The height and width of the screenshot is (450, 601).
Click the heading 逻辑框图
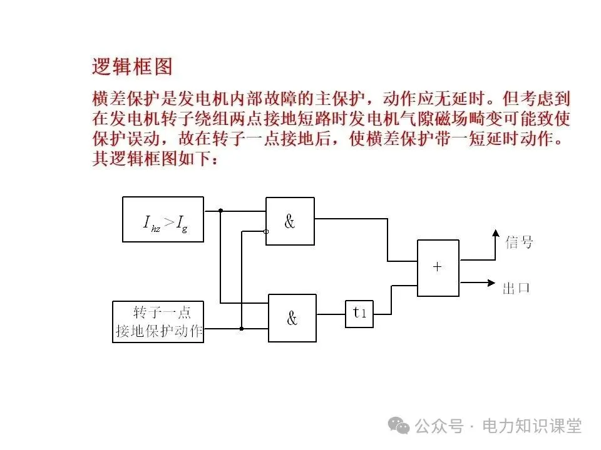click(x=131, y=66)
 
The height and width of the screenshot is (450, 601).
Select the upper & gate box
click(x=290, y=221)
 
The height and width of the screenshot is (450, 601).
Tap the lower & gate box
click(x=292, y=318)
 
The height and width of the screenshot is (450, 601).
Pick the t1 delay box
click(x=359, y=314)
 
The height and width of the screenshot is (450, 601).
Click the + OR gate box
click(x=438, y=267)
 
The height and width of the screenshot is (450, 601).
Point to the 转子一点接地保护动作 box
click(x=159, y=321)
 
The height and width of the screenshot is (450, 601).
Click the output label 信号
click(x=518, y=242)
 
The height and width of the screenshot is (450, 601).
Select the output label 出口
click(x=516, y=288)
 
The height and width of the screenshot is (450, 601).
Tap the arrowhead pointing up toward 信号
click(x=495, y=234)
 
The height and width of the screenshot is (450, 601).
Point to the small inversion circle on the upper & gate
click(x=266, y=231)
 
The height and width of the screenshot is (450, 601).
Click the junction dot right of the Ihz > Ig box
click(x=221, y=211)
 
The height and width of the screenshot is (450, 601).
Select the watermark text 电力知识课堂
click(x=532, y=426)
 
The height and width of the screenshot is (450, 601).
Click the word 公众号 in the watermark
click(x=439, y=426)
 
